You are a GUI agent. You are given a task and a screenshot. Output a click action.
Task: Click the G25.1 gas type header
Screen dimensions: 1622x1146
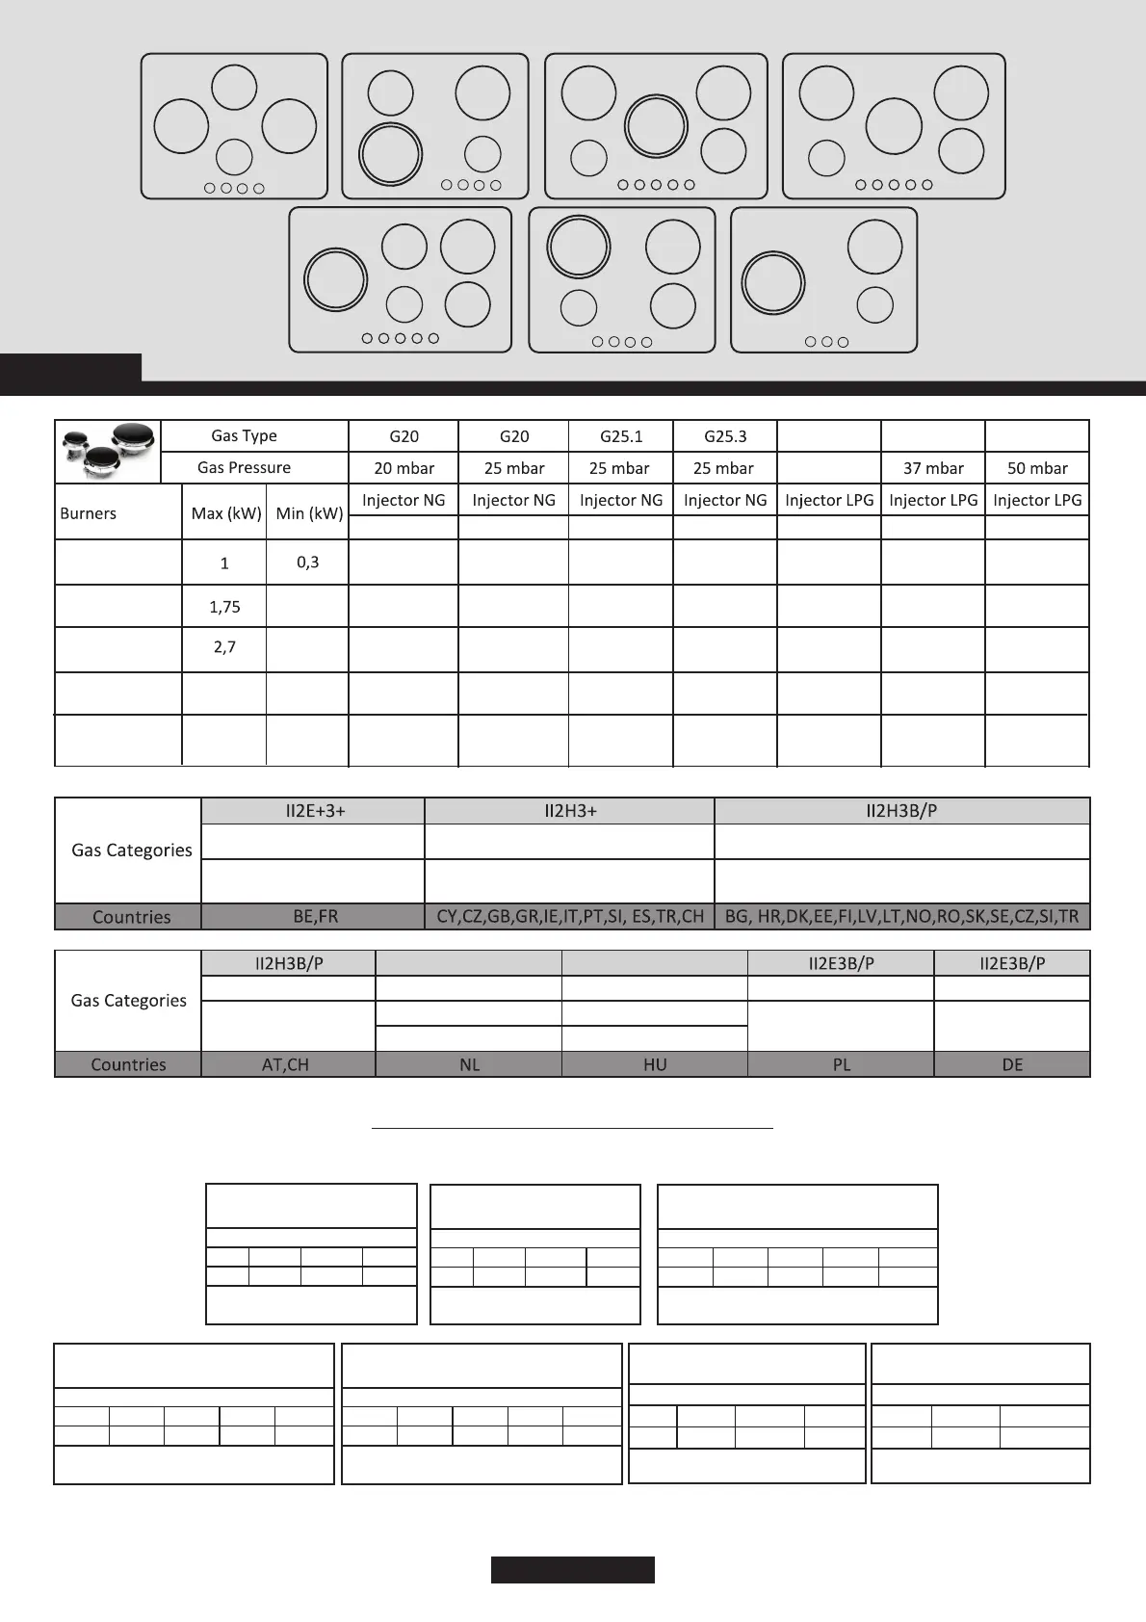621,436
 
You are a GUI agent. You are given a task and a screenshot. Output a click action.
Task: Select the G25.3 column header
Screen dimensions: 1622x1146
725,436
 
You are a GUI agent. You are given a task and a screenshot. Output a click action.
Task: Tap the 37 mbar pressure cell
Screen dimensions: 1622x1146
933,468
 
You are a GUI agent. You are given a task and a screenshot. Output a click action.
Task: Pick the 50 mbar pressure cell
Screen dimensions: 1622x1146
1037,468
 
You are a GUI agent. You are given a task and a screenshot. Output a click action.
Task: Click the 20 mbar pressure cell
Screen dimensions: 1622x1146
404,468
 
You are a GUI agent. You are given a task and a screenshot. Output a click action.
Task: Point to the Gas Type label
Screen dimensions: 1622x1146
244,435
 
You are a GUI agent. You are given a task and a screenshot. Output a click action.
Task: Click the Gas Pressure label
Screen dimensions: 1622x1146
244,467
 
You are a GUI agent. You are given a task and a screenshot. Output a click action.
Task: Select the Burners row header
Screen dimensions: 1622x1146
89,513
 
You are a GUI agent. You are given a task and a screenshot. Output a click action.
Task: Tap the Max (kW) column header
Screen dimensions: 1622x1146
226,513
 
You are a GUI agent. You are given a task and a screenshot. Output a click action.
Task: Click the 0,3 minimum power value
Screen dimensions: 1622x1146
307,562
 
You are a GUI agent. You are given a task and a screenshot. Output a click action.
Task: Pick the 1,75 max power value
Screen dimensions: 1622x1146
224,607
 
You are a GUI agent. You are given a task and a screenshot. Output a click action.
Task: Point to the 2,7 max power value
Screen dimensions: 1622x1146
224,647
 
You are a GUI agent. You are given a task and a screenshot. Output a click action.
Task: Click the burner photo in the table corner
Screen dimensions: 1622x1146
108,451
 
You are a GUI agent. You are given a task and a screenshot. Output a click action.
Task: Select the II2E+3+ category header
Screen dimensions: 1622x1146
315,811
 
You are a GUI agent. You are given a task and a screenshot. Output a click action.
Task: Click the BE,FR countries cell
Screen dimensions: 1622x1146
315,916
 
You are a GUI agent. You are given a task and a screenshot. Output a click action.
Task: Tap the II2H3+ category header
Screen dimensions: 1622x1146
570,811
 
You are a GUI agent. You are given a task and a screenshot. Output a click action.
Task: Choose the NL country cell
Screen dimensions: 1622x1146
469,1064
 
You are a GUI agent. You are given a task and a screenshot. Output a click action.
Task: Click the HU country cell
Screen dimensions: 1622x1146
655,1064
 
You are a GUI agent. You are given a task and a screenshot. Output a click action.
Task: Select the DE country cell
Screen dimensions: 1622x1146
1012,1064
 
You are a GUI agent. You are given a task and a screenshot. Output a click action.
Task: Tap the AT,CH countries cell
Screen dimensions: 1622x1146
286,1064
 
